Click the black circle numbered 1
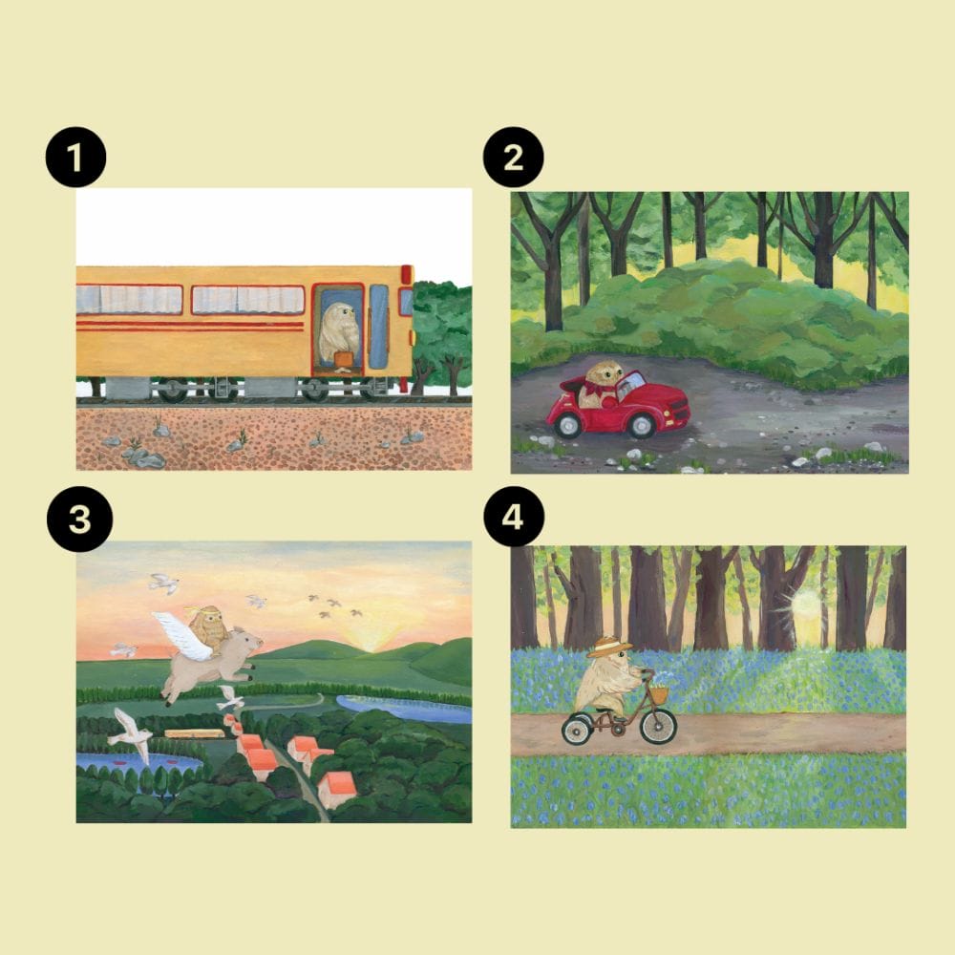click(x=75, y=157)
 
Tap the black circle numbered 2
click(x=513, y=157)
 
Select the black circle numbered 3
click(x=80, y=519)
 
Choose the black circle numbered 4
click(x=513, y=517)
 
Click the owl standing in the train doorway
click(x=339, y=334)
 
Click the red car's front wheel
click(x=642, y=426)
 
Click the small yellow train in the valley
click(x=194, y=733)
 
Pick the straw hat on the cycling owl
click(x=609, y=646)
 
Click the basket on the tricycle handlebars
click(x=660, y=693)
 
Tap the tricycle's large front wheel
click(x=658, y=725)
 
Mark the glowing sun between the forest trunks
click(x=805, y=605)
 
